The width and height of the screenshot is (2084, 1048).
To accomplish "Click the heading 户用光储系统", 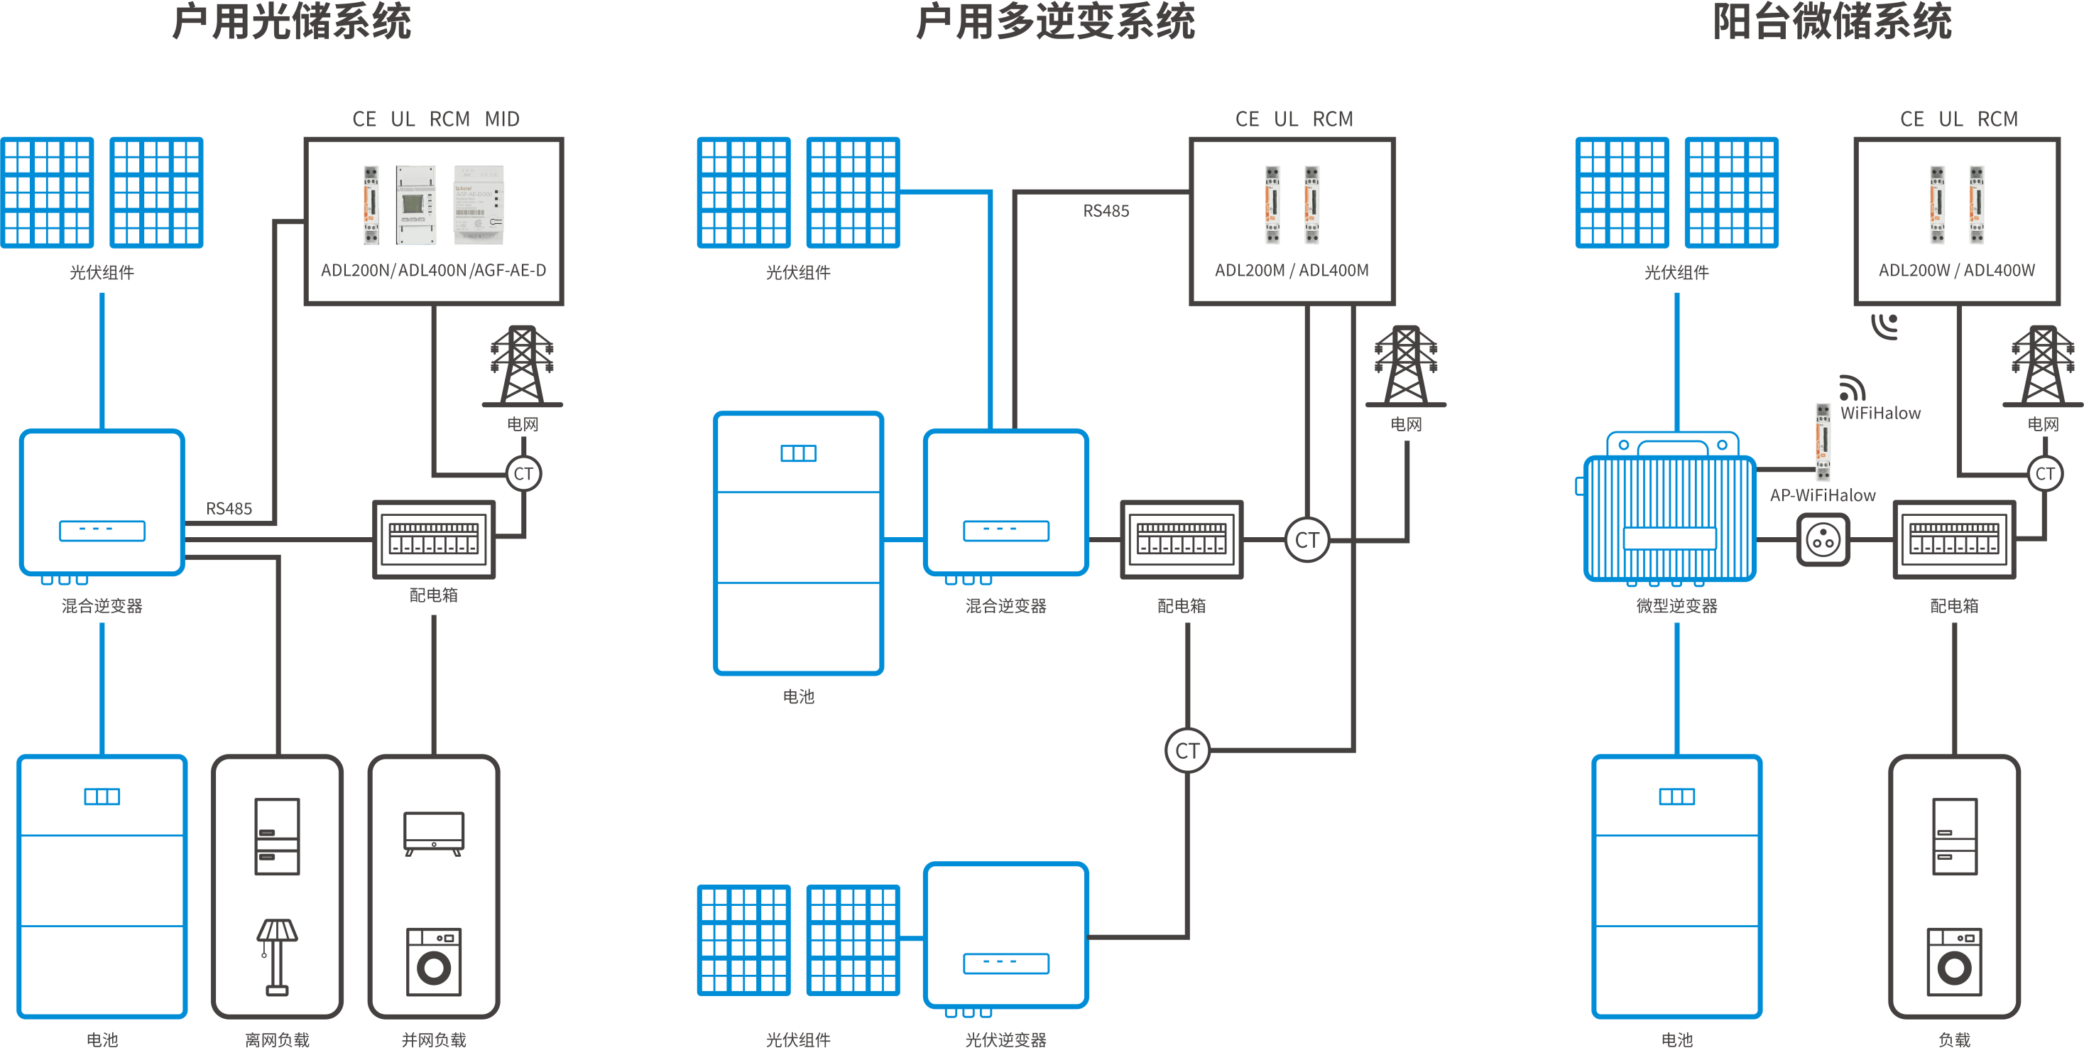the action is click(x=291, y=22).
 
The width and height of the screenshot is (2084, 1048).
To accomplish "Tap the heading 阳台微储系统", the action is click(x=1833, y=22).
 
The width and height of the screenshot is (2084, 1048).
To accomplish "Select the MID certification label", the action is click(x=503, y=119).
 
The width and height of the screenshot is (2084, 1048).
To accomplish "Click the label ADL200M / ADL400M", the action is click(x=1292, y=270).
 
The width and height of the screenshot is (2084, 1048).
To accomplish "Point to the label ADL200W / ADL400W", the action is click(x=1956, y=270).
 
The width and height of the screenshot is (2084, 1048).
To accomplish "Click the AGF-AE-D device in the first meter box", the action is click(x=479, y=204).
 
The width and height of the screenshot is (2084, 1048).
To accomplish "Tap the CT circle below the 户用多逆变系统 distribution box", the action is click(x=1186, y=750).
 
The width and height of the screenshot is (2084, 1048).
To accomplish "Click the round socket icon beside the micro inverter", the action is click(x=1823, y=540).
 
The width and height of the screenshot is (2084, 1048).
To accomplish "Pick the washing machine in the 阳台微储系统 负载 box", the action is click(x=1955, y=961).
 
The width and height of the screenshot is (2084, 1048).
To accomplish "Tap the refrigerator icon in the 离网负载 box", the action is click(x=277, y=836).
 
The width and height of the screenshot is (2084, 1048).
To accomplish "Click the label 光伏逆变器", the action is click(x=1005, y=1039).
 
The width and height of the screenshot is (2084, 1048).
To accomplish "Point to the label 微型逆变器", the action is click(x=1676, y=605).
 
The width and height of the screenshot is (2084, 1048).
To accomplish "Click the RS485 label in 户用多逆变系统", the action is click(x=1106, y=210).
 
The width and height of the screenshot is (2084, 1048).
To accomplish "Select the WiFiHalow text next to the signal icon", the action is click(x=1880, y=413).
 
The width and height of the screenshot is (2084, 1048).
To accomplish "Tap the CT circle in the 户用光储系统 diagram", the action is click(x=523, y=473).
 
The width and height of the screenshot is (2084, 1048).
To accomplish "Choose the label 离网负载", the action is click(x=277, y=1039).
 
